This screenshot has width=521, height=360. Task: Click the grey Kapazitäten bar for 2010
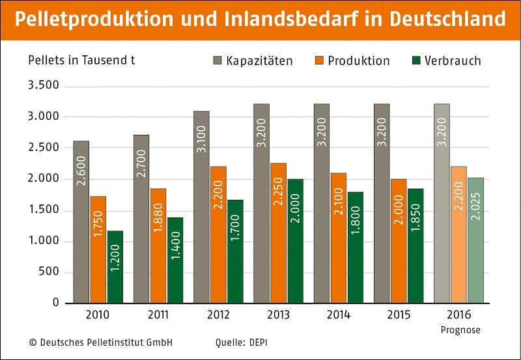point(81,221)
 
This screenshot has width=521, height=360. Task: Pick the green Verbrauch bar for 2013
point(295,240)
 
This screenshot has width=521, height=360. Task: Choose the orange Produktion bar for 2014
point(338,238)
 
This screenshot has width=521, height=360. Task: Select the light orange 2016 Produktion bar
point(458,234)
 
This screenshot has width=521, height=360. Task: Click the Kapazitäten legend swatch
point(218,61)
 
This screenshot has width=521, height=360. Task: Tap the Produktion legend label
point(358,61)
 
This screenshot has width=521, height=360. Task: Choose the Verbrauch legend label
point(453,61)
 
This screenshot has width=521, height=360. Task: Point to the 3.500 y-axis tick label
point(44,86)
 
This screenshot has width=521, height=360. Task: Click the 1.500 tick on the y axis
point(44,210)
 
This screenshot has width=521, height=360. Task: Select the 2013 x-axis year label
point(279,315)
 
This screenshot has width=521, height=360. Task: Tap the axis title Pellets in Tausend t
point(81,60)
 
